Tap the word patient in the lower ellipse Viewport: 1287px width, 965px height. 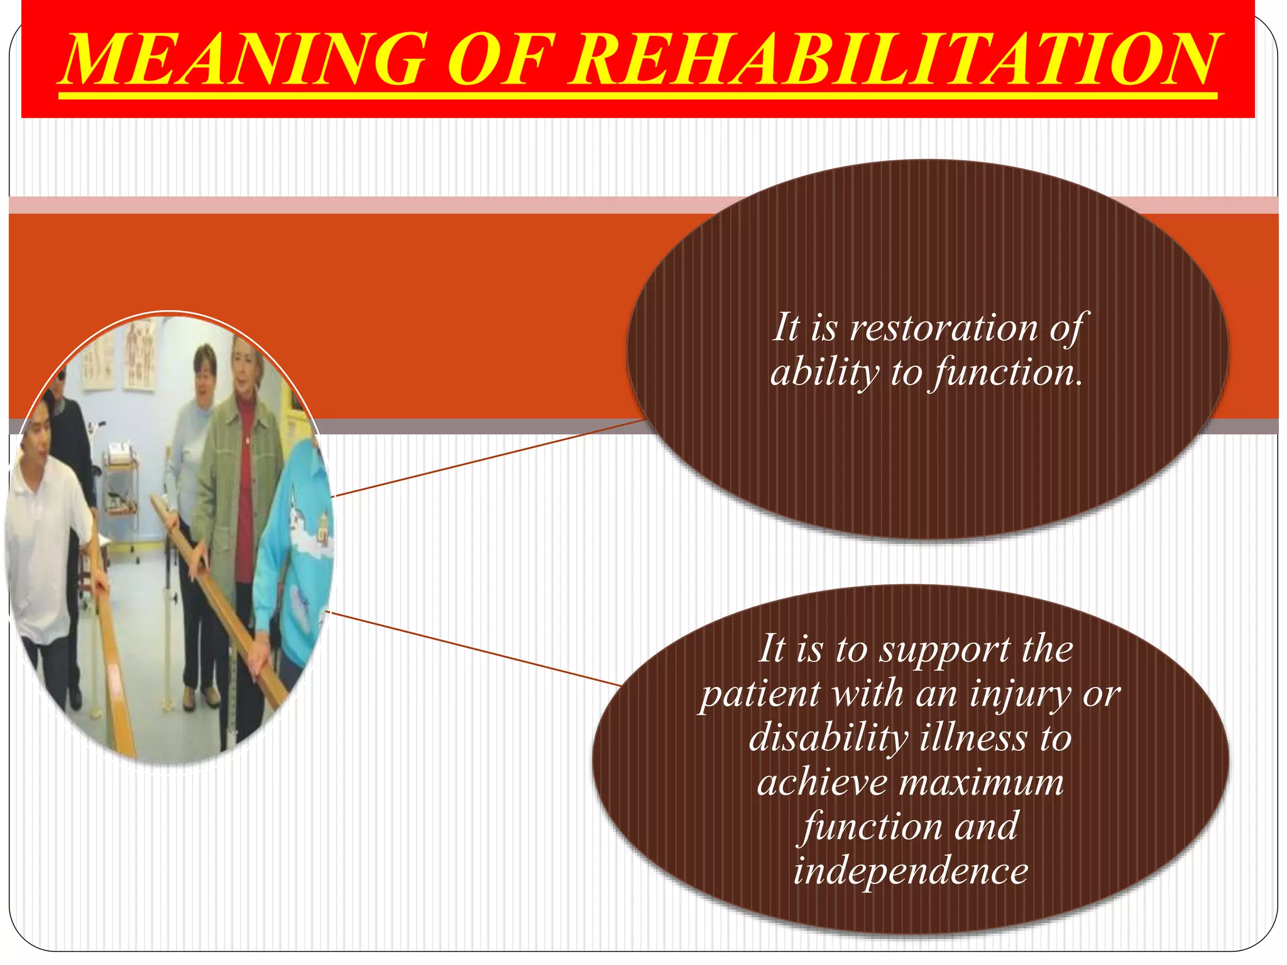760,694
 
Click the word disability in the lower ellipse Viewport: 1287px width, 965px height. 828,738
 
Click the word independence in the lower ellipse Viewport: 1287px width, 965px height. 911,871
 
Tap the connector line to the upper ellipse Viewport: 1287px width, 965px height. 490,457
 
